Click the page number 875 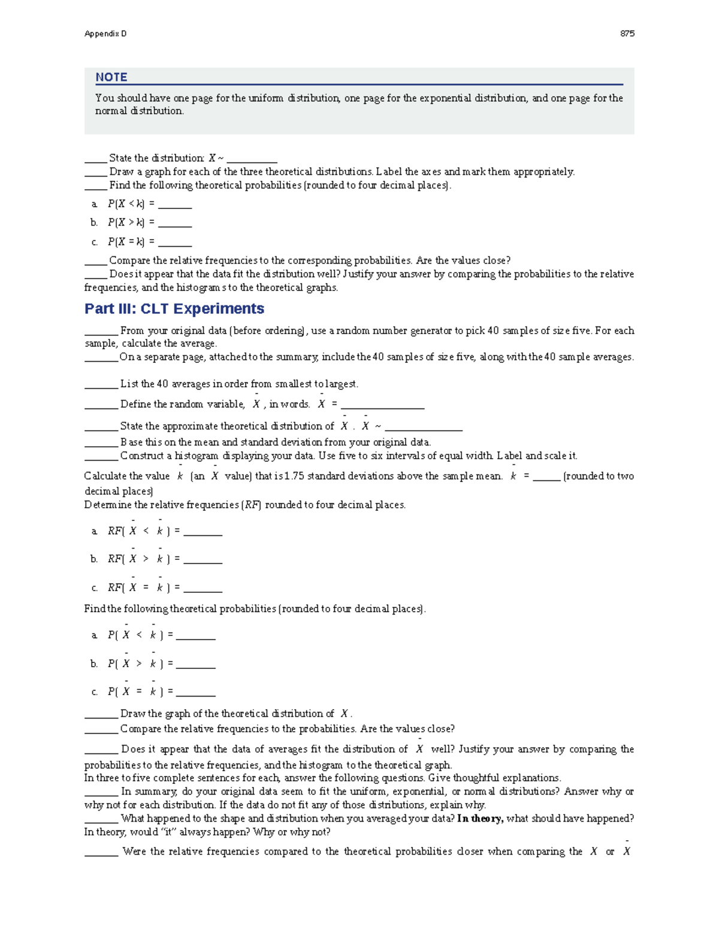(x=627, y=34)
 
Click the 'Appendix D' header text (x=105, y=34)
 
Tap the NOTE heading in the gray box (x=111, y=77)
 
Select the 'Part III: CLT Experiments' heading (x=174, y=308)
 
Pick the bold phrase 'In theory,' (x=480, y=819)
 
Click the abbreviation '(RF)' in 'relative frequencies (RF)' (x=252, y=505)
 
